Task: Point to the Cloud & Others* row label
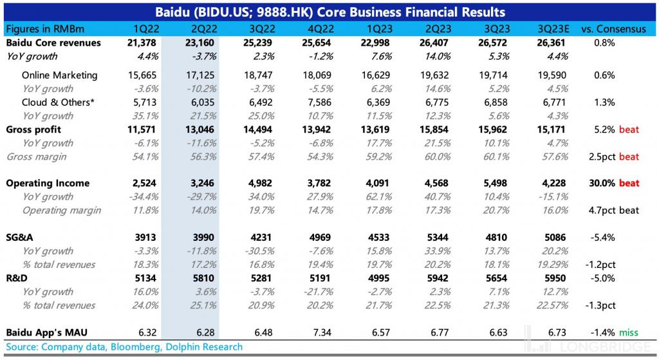(58, 102)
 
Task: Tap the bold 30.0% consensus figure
(602, 184)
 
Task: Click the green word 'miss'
(629, 332)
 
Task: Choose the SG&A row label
(19, 238)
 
